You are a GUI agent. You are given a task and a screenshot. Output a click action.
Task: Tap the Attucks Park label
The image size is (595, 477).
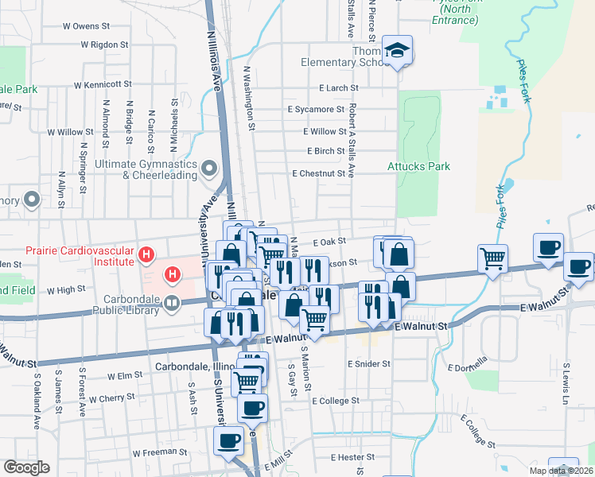click(418, 166)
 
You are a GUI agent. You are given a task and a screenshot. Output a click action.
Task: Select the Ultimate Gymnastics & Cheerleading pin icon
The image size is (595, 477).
click(209, 168)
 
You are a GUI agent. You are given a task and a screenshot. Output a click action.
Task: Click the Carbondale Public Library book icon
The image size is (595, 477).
click(171, 302)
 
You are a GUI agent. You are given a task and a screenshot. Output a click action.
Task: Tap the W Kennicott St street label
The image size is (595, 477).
click(103, 84)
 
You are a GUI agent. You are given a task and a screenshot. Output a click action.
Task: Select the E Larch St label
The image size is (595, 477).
click(337, 88)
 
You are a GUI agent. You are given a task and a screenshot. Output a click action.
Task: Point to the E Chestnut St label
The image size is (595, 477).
click(321, 173)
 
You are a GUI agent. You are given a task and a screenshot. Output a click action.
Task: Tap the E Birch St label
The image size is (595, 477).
click(326, 151)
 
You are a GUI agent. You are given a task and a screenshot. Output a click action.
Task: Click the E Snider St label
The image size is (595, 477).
click(369, 363)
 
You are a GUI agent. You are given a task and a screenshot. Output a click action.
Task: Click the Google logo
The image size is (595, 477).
click(26, 467)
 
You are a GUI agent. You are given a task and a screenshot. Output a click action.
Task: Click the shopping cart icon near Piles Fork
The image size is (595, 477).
click(493, 258)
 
